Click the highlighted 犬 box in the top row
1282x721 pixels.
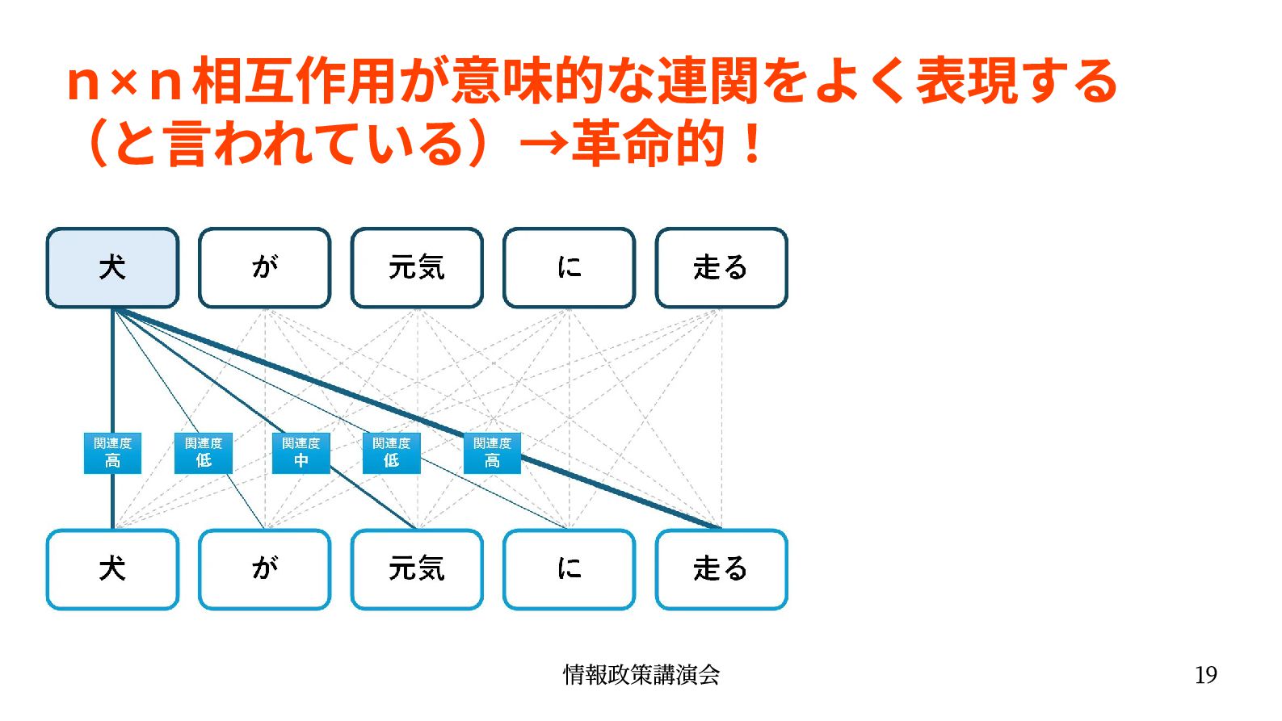point(112,267)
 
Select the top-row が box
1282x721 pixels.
point(265,267)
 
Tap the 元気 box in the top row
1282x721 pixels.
point(417,267)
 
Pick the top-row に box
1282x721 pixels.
point(569,267)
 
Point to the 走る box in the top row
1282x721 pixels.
point(721,267)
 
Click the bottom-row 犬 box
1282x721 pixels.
point(112,569)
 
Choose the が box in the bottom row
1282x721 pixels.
point(265,569)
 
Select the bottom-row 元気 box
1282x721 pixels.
point(417,569)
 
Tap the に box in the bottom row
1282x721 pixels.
point(569,569)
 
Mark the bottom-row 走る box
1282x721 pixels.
point(721,569)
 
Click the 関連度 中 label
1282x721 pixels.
point(301,452)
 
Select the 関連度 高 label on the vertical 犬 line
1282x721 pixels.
point(112,452)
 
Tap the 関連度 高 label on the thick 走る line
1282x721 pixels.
point(492,452)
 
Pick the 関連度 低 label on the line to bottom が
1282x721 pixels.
point(204,452)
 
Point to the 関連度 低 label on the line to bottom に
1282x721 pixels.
point(392,452)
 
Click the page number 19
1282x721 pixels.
point(1205,675)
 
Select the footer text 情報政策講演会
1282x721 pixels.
point(641,675)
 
